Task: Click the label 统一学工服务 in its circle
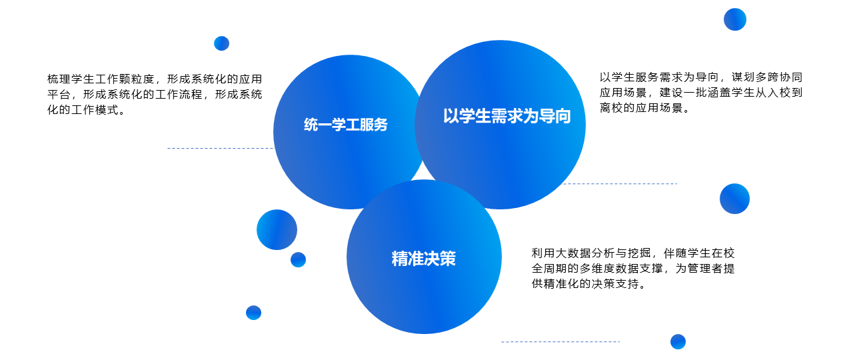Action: click(x=345, y=125)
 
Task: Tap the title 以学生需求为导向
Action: click(x=507, y=116)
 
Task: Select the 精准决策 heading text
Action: click(x=423, y=258)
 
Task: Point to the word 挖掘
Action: click(x=639, y=253)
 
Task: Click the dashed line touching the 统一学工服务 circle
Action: click(x=221, y=148)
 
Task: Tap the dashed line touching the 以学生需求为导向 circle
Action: click(x=620, y=183)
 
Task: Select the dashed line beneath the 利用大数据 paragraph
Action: click(x=560, y=342)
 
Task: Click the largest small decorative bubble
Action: click(x=277, y=230)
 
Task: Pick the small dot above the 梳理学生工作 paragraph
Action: click(x=222, y=43)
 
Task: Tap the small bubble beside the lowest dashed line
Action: click(x=678, y=342)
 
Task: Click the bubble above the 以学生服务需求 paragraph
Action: click(x=735, y=19)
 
